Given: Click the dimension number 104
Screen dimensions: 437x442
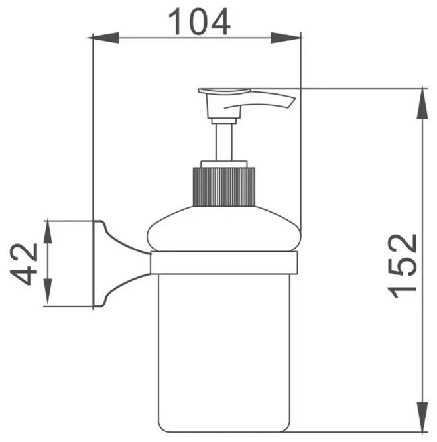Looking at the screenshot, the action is [199, 22].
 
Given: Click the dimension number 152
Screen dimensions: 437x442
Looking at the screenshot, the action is [403, 266].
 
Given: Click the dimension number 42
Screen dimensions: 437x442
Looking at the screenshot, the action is [24, 264].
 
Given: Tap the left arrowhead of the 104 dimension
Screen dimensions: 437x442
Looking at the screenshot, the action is [103, 38].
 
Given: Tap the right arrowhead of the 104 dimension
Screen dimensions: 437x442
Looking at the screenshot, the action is [286, 38].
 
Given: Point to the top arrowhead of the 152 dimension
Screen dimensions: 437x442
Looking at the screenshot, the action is [422, 103].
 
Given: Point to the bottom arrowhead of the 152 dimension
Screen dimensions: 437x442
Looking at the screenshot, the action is [422, 416].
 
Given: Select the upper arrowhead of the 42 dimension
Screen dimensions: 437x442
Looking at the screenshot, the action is [48, 233].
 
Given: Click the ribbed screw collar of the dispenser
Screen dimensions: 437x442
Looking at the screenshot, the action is [223, 187].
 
